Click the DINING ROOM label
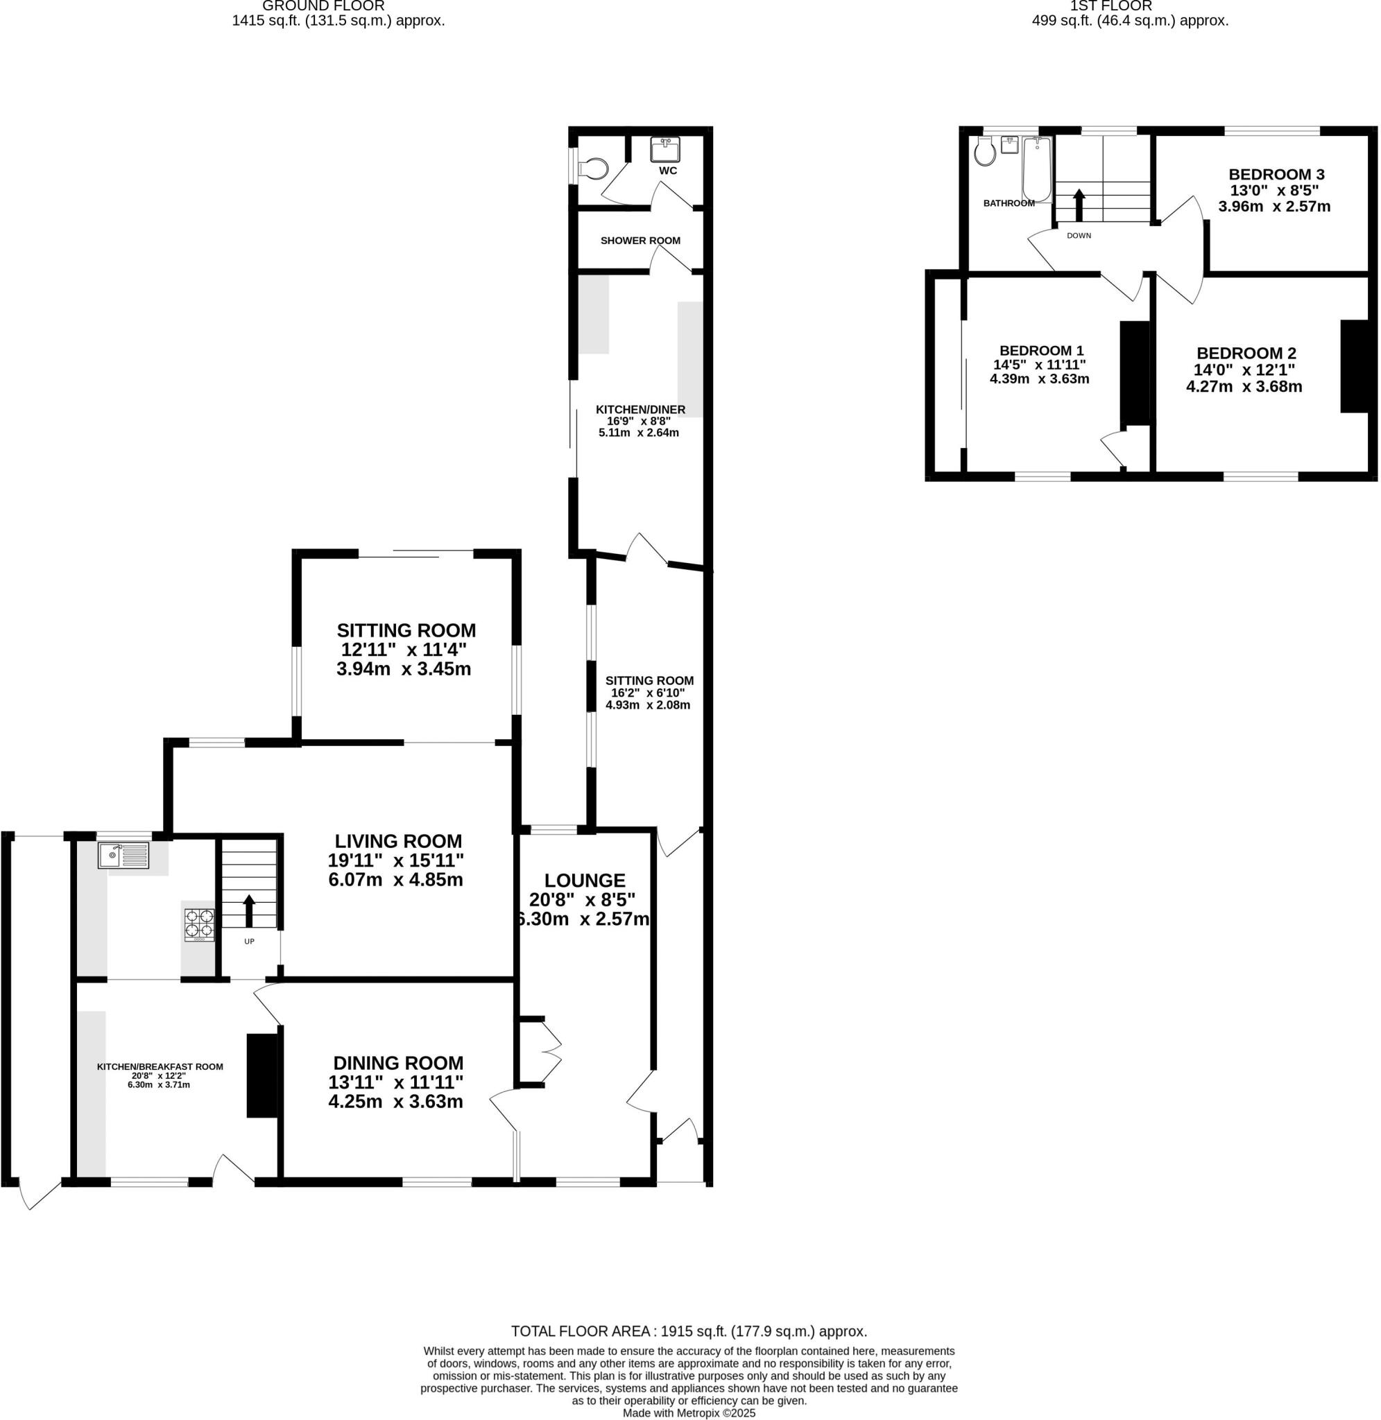pyautogui.click(x=397, y=1063)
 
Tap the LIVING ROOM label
pyautogui.click(x=397, y=841)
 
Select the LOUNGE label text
pyautogui.click(x=585, y=880)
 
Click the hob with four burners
pyautogui.click(x=199, y=924)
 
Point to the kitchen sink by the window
pyautogui.click(x=123, y=856)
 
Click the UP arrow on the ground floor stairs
pyautogui.click(x=249, y=911)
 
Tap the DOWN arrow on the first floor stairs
pyautogui.click(x=1079, y=205)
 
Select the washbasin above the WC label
pyautogui.click(x=665, y=150)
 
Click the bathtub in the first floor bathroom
pyautogui.click(x=1036, y=169)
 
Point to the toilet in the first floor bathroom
pyautogui.click(x=985, y=153)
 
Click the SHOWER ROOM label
pyautogui.click(x=640, y=241)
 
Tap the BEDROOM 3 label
pyautogui.click(x=1276, y=174)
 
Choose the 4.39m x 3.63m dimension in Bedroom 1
pyautogui.click(x=1038, y=379)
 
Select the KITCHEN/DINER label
pyautogui.click(x=640, y=410)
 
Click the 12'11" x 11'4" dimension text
pyautogui.click(x=404, y=650)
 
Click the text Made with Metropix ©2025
pyautogui.click(x=688, y=1413)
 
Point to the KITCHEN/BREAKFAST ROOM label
pyautogui.click(x=160, y=1066)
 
